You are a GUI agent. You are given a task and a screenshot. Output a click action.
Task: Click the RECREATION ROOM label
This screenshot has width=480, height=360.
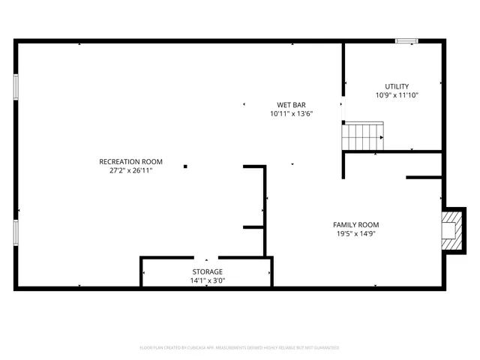pyautogui.click(x=130, y=162)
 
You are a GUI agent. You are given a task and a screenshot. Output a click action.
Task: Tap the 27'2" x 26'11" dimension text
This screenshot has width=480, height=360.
pyautogui.click(x=130, y=171)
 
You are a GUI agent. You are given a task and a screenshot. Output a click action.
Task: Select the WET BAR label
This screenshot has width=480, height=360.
pyautogui.click(x=291, y=105)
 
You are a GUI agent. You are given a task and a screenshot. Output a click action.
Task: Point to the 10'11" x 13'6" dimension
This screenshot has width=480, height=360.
pyautogui.click(x=291, y=114)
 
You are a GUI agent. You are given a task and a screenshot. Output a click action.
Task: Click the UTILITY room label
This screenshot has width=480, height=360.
pyautogui.click(x=397, y=86)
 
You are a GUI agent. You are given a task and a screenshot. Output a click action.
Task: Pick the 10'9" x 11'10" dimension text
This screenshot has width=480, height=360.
pyautogui.click(x=397, y=95)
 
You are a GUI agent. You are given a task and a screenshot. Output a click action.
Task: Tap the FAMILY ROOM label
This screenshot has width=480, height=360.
pyautogui.click(x=355, y=225)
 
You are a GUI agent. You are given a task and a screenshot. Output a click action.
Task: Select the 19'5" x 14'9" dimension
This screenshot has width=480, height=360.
pyautogui.click(x=355, y=234)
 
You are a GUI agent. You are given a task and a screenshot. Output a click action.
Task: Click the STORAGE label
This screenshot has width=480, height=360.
pyautogui.click(x=206, y=271)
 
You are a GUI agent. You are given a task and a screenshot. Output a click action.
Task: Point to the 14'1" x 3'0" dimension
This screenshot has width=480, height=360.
pyautogui.click(x=206, y=280)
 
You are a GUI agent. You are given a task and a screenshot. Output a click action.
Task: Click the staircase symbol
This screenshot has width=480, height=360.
pyautogui.click(x=363, y=136)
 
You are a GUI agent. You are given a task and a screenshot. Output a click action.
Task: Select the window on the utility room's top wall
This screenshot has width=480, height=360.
pyautogui.click(x=406, y=41)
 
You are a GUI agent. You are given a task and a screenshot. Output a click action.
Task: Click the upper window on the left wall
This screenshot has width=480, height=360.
pyautogui.click(x=15, y=86)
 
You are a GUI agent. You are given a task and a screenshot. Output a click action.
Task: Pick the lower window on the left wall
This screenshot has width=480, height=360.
pyautogui.click(x=15, y=232)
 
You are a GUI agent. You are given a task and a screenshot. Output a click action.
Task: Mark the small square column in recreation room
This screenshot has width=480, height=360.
pyautogui.click(x=185, y=166)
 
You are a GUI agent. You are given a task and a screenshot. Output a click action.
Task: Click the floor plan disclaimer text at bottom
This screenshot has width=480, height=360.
pyautogui.click(x=239, y=348)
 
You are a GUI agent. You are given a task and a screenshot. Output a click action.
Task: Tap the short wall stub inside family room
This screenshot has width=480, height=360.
pyautogui.click(x=423, y=178)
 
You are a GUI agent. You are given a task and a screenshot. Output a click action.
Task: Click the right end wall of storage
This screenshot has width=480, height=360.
pyautogui.click(x=271, y=271)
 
